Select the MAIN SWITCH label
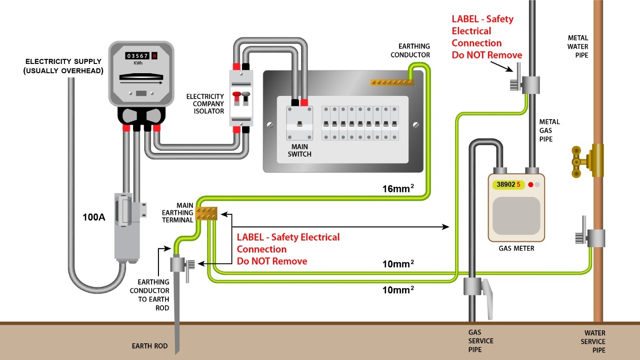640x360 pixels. pos(299,151)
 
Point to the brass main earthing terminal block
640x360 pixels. pos(207,213)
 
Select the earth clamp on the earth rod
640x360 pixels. pos(178,265)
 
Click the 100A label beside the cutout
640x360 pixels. pos(94,217)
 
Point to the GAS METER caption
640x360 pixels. pos(516,248)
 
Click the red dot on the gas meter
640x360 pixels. pos(531,184)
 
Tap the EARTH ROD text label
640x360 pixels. pos(150,346)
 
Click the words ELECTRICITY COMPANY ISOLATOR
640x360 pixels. pos(205,104)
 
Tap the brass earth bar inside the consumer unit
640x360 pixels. pos(392,82)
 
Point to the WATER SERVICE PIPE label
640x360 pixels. pos(595,341)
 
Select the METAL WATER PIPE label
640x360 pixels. pos(578,46)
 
